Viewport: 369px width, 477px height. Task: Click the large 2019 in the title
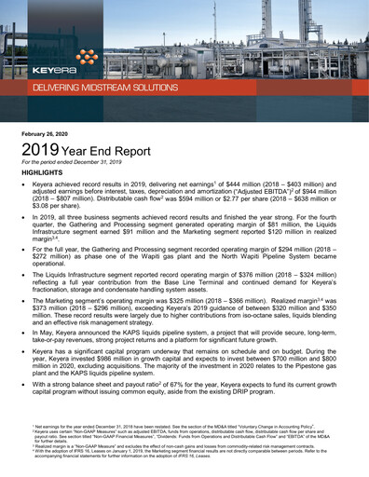40,150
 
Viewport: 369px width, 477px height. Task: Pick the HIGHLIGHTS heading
41,174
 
